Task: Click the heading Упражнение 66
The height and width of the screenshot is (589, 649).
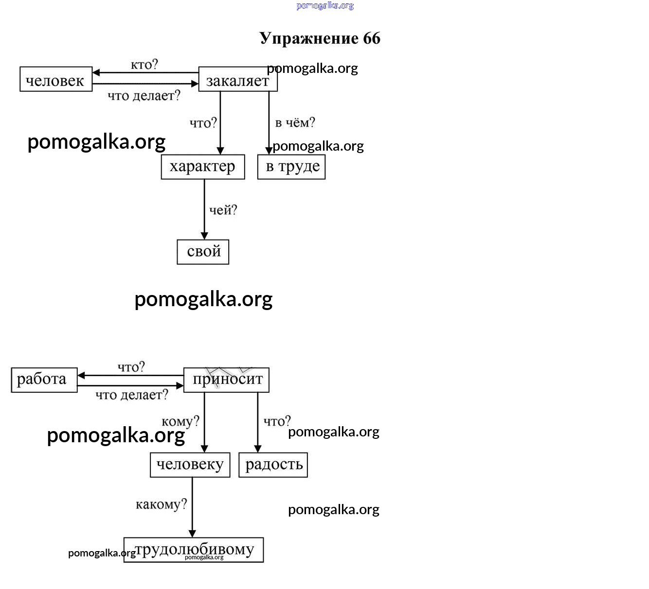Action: [x=320, y=38]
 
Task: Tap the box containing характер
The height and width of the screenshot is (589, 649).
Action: [x=202, y=167]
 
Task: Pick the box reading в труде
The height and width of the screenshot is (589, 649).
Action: [x=291, y=167]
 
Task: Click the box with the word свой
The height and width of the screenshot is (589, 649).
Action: [x=203, y=252]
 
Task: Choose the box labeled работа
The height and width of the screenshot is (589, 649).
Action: [x=44, y=380]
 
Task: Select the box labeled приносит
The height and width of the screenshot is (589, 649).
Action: [x=226, y=380]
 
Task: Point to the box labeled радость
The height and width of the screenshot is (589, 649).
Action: [x=273, y=465]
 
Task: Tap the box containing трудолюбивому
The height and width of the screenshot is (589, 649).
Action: [x=194, y=550]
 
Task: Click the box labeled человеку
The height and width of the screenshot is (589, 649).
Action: [x=190, y=465]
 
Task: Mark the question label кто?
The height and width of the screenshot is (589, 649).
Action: [x=144, y=65]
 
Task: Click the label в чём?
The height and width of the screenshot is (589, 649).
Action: [x=295, y=122]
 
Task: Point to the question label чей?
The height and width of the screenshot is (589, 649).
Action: [x=223, y=210]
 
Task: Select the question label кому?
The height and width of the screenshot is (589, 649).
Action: [x=180, y=421]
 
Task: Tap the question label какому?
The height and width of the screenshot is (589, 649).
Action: [x=161, y=504]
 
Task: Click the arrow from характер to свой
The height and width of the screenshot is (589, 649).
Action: [x=204, y=209]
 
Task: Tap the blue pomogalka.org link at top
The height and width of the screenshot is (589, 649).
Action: [x=325, y=6]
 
